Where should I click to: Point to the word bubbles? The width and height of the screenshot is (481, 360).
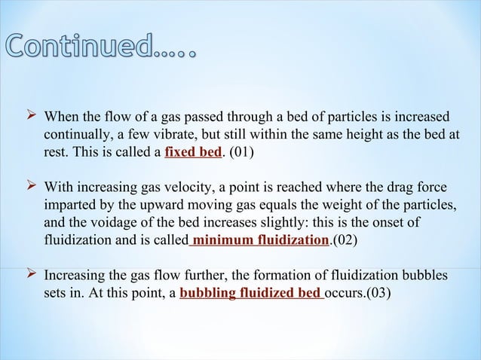tap(422, 275)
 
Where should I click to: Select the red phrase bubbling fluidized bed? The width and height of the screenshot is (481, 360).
tap(252, 293)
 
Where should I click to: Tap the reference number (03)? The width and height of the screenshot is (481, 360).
tap(377, 293)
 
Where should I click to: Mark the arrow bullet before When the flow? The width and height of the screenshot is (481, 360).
tap(31, 117)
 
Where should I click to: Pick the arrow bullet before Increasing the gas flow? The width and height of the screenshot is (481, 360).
tap(31, 274)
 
